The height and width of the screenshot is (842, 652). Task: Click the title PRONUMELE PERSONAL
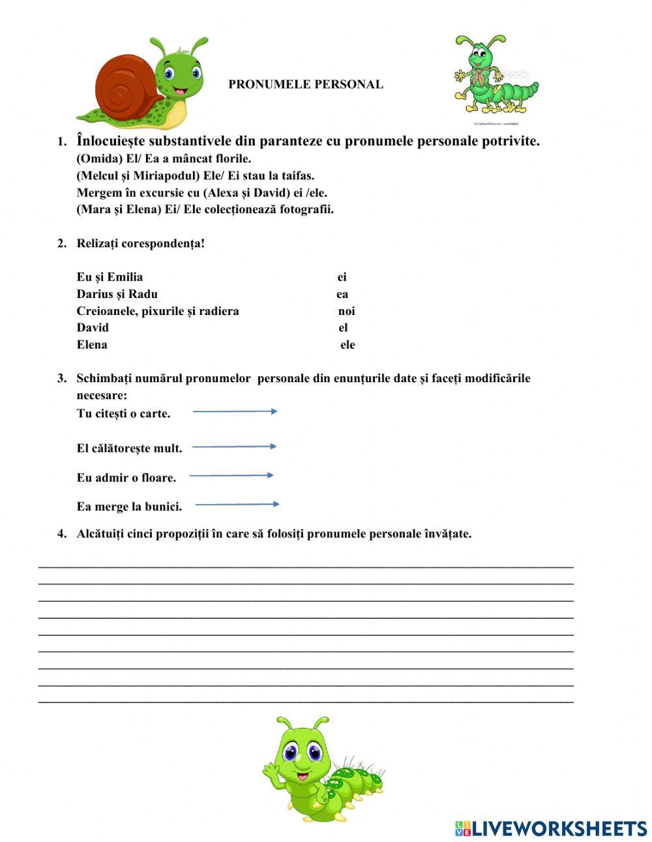point(305,84)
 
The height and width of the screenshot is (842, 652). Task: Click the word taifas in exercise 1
point(299,175)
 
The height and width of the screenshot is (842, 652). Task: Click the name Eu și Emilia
point(110,277)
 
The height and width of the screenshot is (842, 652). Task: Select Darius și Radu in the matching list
point(117,293)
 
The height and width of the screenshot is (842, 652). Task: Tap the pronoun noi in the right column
point(346,311)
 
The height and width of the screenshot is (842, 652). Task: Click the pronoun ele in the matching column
point(348,345)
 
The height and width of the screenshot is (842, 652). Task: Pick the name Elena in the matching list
point(92,344)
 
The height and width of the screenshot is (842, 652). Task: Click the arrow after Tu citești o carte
point(235,412)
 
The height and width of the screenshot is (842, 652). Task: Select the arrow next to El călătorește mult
point(234,447)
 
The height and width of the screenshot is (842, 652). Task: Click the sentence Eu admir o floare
point(126,477)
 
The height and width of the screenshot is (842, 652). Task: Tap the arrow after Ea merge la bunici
point(237,504)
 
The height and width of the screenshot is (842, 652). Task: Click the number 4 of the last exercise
point(62,534)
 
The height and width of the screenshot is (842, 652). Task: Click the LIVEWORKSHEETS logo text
point(559,828)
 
